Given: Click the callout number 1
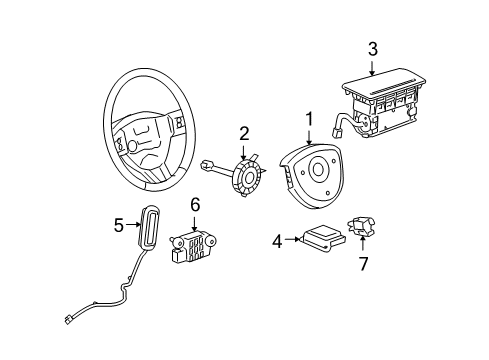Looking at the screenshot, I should [x=310, y=119].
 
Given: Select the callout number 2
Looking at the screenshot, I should [x=243, y=134].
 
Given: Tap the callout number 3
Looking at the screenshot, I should [x=372, y=47].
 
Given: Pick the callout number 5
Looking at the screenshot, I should [x=117, y=224].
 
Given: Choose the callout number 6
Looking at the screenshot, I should [x=196, y=204].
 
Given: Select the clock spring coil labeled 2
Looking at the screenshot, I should [x=247, y=178].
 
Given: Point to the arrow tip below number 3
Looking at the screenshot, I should [x=372, y=74].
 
